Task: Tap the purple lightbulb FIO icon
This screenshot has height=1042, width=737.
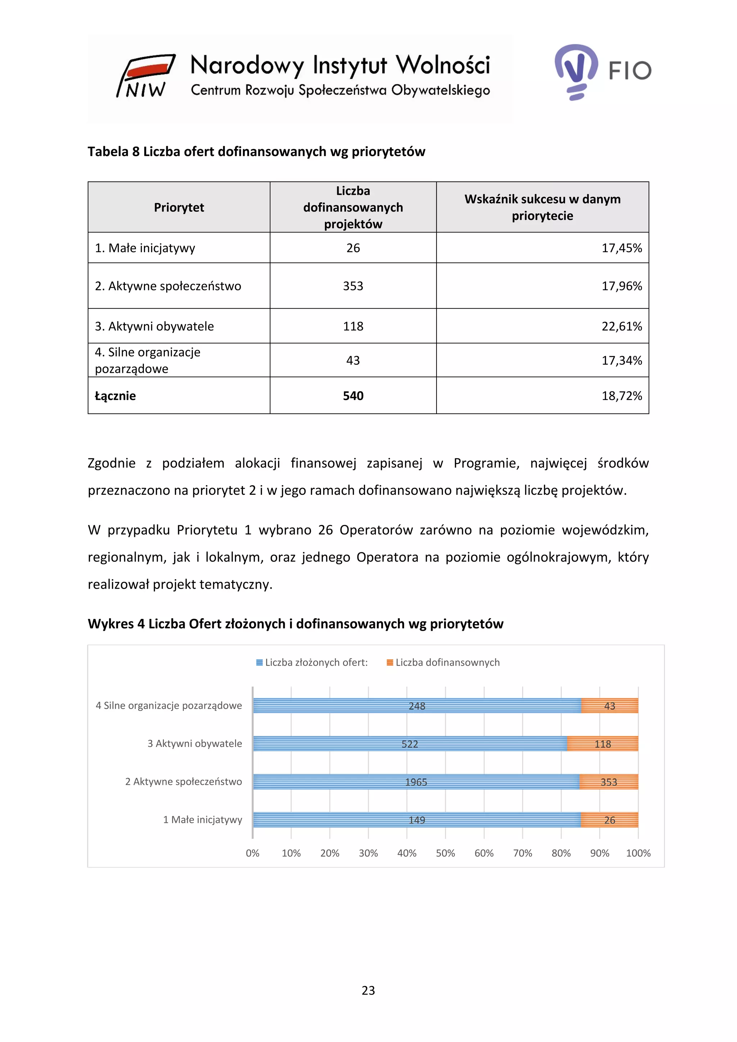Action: point(576,71)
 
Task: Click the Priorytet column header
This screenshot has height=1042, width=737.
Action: point(179,207)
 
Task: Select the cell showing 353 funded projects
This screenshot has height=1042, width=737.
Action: point(353,286)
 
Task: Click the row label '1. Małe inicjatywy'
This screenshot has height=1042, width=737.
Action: point(145,248)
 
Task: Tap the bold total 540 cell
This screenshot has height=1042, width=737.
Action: point(353,396)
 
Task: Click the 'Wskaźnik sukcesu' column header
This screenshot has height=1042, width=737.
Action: point(542,207)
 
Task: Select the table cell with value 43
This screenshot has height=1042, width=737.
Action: point(353,360)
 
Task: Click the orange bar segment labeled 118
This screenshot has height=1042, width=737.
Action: point(603,744)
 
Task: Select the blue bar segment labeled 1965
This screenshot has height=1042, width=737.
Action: point(416,782)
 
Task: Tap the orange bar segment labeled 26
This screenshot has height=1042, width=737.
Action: point(610,820)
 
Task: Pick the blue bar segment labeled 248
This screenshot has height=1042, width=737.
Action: point(417,706)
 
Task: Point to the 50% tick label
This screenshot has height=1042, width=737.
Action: point(445,853)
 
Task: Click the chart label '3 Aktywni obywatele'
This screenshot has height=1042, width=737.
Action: point(195,744)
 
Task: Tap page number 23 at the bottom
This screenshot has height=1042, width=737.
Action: point(368,990)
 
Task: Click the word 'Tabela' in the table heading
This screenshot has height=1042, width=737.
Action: point(108,151)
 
